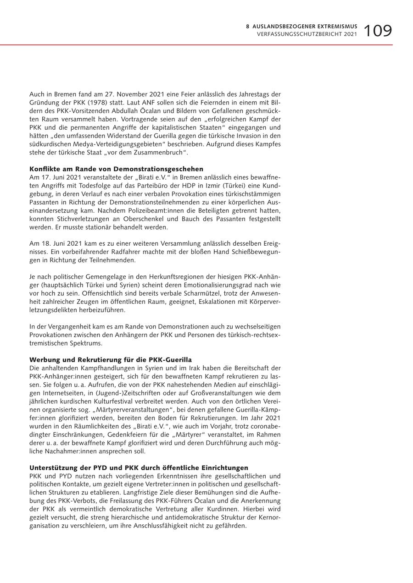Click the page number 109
click(378, 31)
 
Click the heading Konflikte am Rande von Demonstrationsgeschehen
click(116, 169)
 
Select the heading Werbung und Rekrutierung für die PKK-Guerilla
click(111, 360)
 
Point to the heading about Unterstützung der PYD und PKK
click(139, 468)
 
